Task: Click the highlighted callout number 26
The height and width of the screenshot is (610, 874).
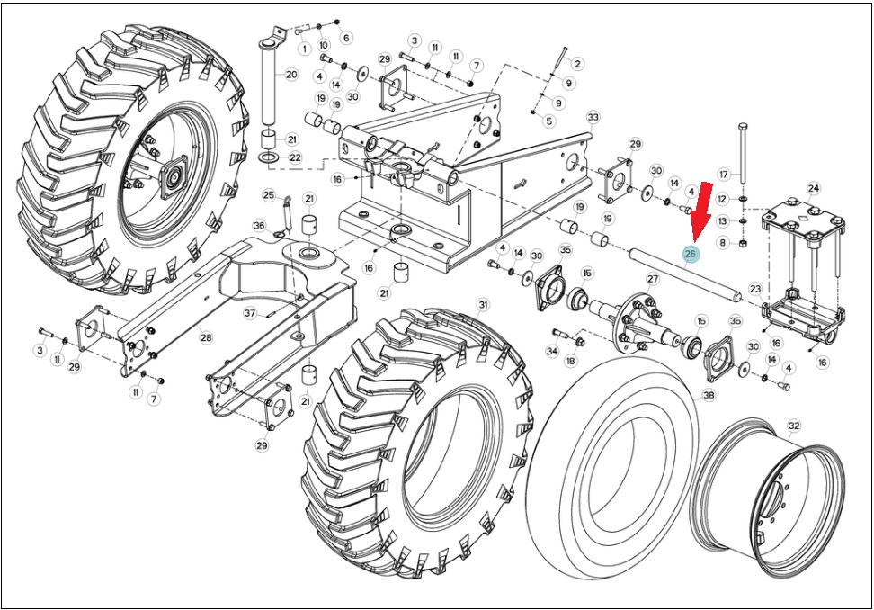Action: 691,255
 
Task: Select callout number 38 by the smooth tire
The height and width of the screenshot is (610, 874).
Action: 709,395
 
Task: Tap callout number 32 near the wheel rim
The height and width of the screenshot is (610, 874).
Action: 794,426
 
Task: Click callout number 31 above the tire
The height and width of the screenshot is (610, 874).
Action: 483,304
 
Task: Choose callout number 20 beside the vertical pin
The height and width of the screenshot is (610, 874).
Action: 291,74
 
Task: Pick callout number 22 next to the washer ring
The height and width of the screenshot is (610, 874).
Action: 295,157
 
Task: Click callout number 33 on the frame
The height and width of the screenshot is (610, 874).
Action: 593,118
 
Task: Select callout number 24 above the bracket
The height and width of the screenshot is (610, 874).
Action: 813,188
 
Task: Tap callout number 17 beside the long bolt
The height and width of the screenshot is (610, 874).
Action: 724,175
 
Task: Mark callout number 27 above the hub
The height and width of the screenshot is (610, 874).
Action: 653,279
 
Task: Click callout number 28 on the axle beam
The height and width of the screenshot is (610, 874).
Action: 206,337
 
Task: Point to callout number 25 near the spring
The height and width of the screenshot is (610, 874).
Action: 269,195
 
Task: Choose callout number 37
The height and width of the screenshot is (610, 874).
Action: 250,313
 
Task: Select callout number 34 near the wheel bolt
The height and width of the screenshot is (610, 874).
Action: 552,351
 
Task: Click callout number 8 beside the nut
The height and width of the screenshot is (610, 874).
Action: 723,243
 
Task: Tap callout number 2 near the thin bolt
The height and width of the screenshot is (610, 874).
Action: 577,64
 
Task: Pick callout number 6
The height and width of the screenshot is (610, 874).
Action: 346,38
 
